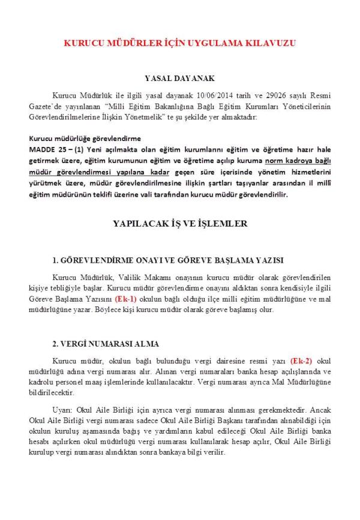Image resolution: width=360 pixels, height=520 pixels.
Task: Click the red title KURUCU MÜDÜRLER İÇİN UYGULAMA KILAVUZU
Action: tap(180, 44)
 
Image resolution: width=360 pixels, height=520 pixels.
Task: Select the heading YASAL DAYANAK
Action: tap(180, 79)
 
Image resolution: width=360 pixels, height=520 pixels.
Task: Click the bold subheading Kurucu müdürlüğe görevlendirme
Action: tap(85, 139)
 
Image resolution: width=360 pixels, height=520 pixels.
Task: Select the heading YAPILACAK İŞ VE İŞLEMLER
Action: tap(180, 224)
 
